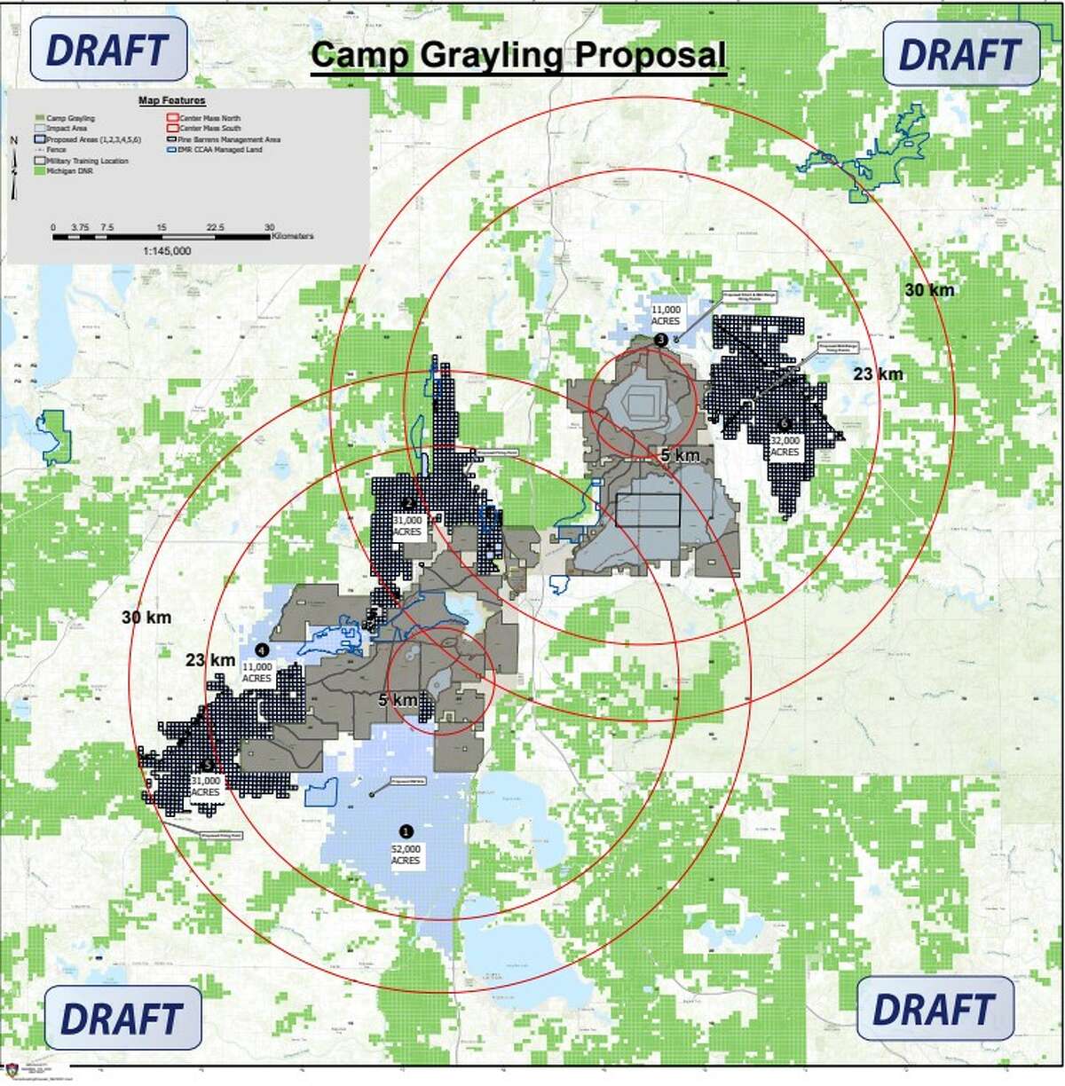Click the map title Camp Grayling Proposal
coord(519,55)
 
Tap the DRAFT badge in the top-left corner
coord(108,50)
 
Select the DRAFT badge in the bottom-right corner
coord(935,1009)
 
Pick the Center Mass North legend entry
coord(209,118)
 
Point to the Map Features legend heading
coord(172,101)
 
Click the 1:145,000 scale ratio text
coord(166,251)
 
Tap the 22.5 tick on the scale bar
coord(215,227)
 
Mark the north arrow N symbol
coord(13,140)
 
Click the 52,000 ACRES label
coord(406,854)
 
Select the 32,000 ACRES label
coord(785,446)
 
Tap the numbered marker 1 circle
coord(406,831)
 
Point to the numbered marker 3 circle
coord(659,340)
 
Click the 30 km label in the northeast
coord(929,290)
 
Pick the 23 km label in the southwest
coord(210,660)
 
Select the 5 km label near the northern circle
coord(680,455)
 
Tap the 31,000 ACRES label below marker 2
coord(407,526)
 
